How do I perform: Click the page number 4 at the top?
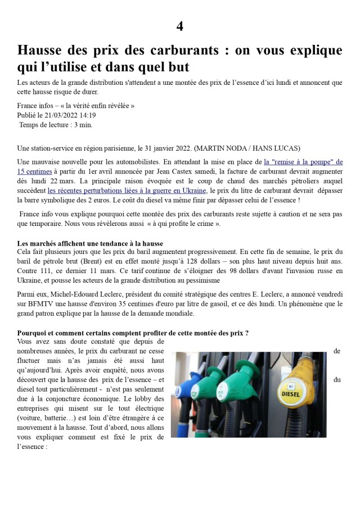point(179,26)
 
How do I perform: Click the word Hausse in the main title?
point(41,50)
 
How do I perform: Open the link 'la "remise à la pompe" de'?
point(303,162)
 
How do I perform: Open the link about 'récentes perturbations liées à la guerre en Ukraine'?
point(128,190)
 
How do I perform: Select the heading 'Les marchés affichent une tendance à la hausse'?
point(90,243)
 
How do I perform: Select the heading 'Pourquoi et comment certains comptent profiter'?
point(133,333)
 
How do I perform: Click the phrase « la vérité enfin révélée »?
point(93,106)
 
